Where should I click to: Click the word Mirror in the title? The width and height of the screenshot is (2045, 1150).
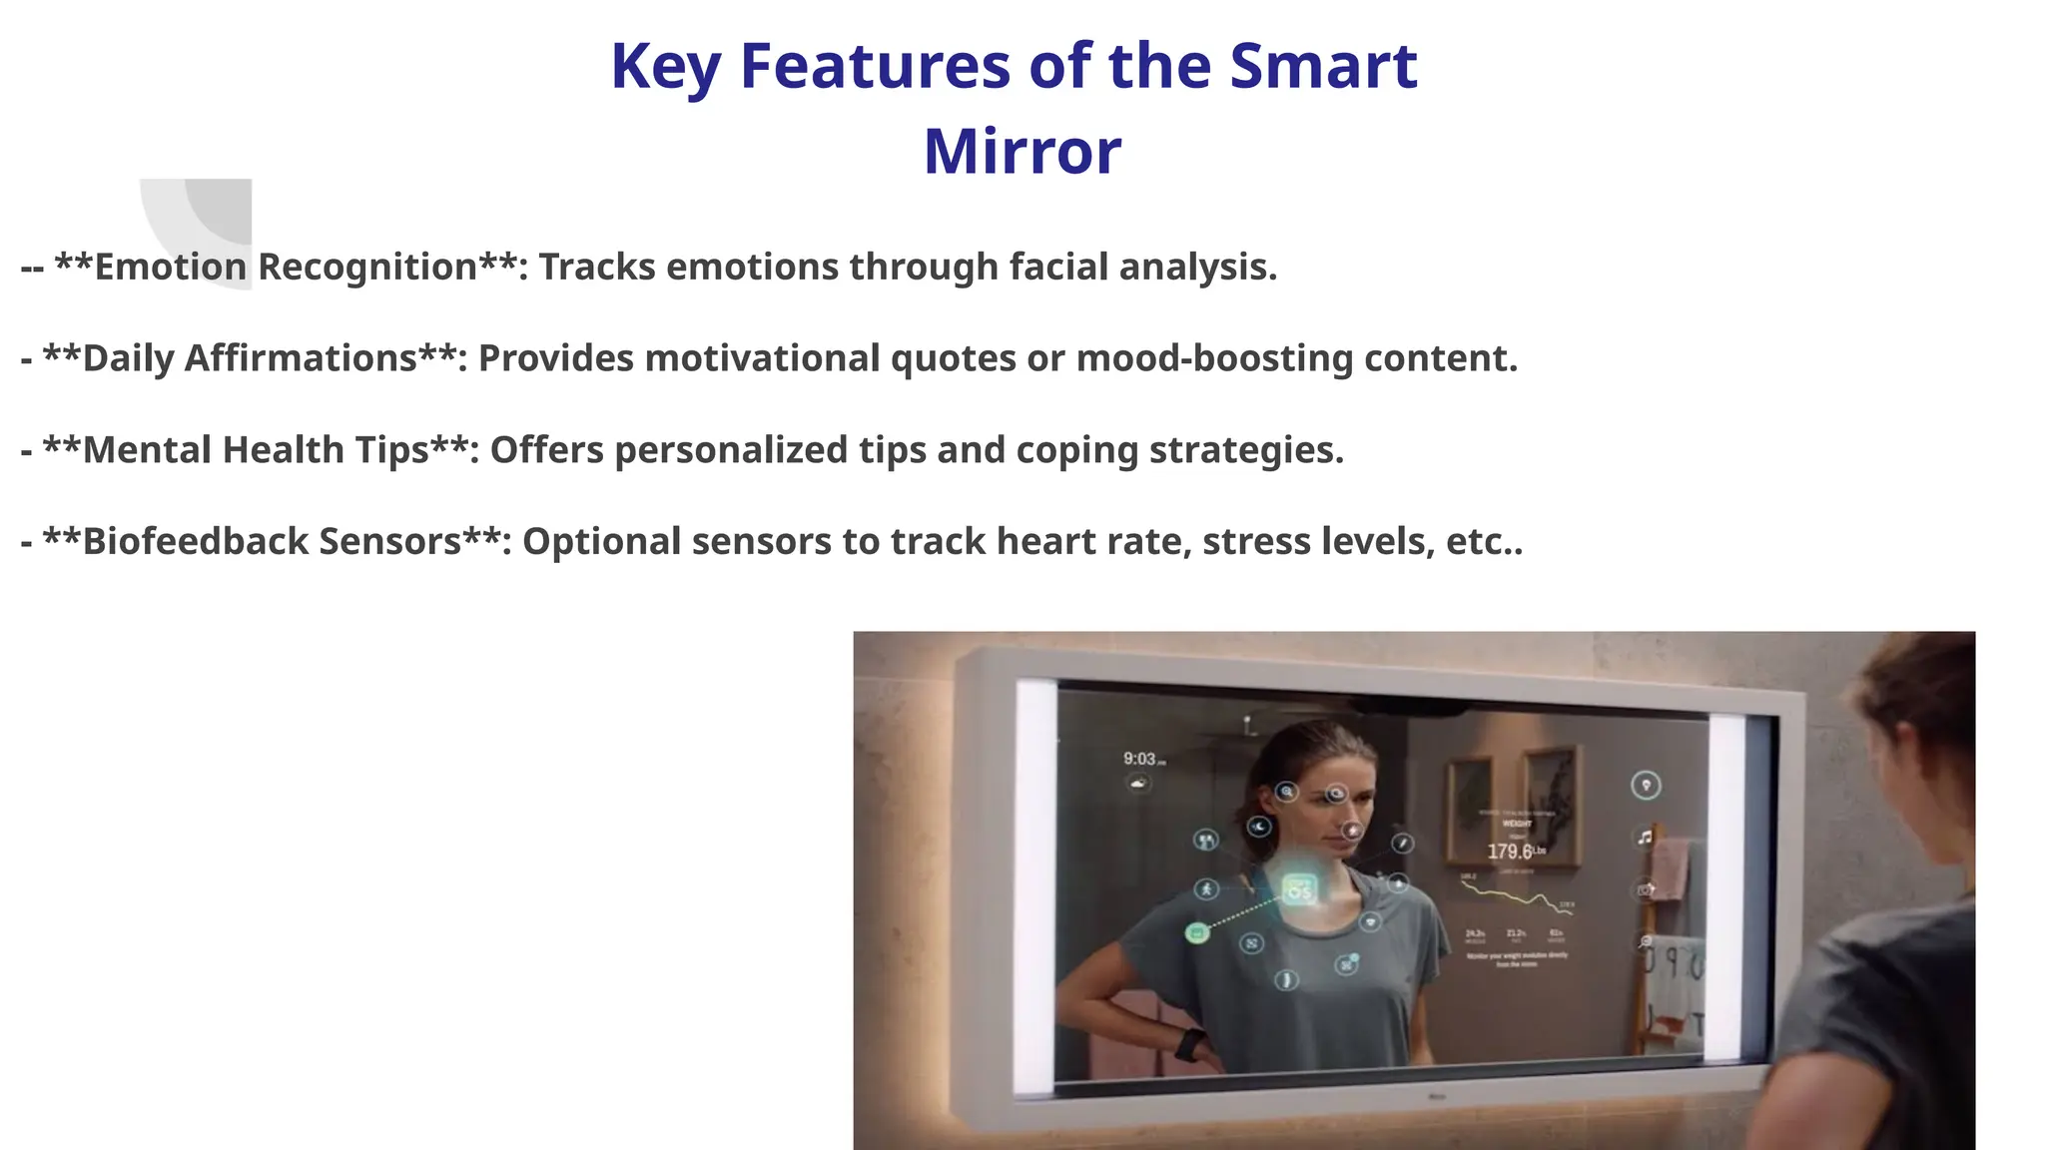click(x=1022, y=152)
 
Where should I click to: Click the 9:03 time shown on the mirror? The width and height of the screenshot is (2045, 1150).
click(x=1141, y=760)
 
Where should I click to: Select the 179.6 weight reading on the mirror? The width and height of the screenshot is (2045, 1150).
click(x=1509, y=852)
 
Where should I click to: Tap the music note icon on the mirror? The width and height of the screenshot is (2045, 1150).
click(x=1645, y=837)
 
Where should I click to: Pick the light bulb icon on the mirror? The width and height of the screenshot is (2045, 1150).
click(x=1646, y=785)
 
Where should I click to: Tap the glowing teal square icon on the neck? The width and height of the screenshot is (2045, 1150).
click(x=1299, y=887)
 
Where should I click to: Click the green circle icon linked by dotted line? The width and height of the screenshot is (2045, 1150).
click(x=1197, y=933)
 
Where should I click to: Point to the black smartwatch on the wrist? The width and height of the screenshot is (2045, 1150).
click(x=1189, y=1045)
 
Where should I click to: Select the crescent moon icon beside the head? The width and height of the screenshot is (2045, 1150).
click(x=1259, y=827)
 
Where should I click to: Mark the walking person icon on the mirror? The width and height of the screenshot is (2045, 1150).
click(x=1206, y=888)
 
